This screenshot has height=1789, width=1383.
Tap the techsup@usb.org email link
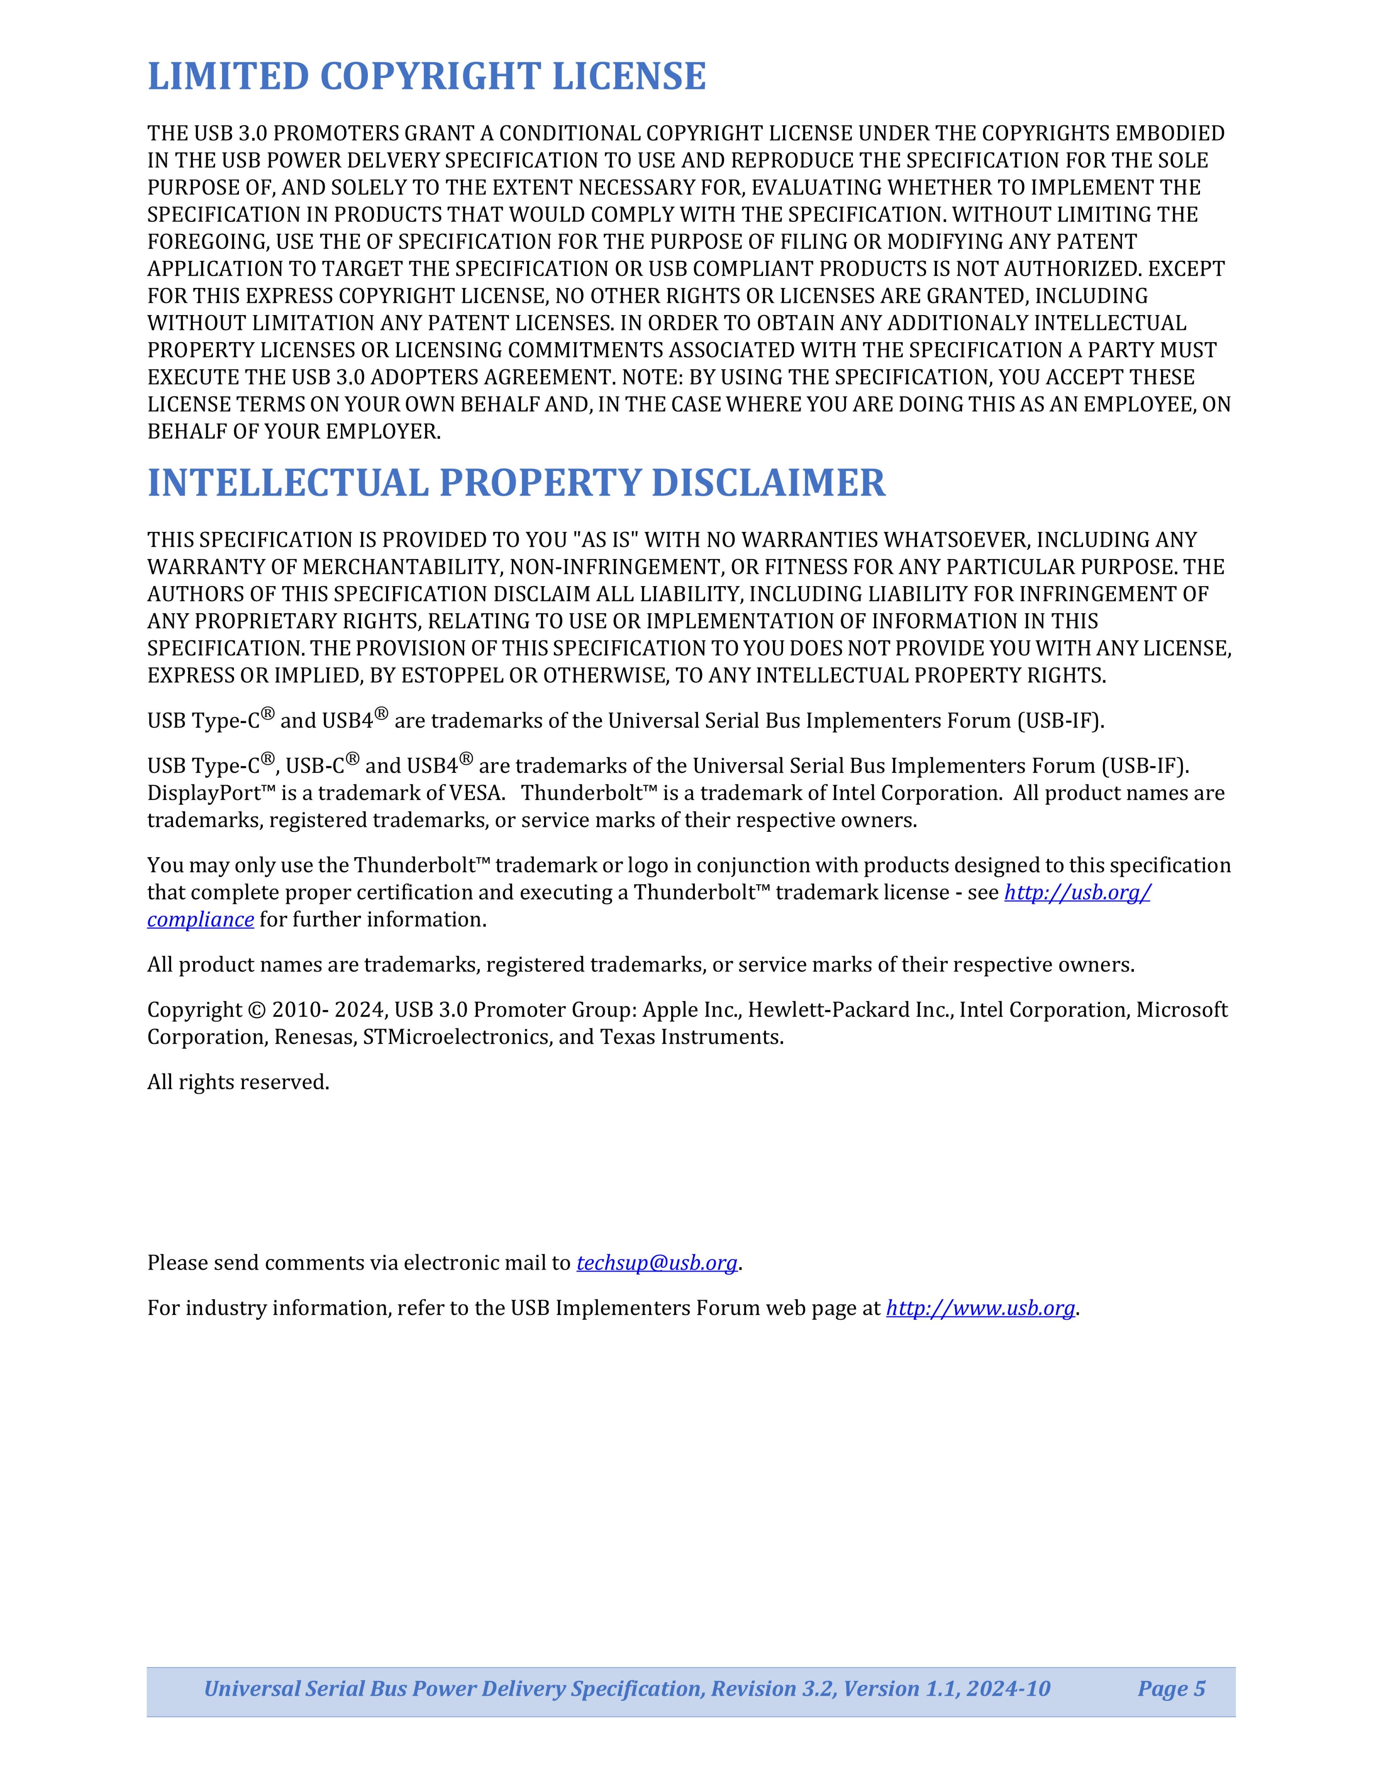657,1263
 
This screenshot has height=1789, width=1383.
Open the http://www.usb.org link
980,1308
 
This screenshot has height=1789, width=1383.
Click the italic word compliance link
200,920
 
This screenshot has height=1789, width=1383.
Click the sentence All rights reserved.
238,1083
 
